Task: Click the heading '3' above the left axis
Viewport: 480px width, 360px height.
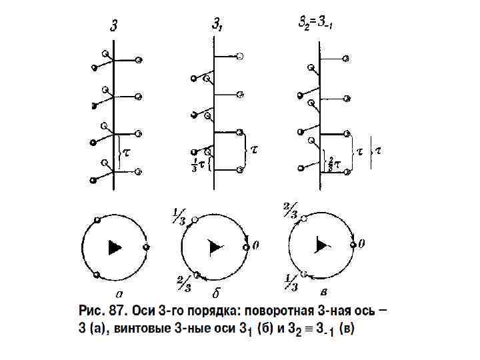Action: coord(115,27)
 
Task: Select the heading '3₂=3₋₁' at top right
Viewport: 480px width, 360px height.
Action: coord(315,23)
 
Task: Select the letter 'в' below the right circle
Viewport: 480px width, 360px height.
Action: coord(323,291)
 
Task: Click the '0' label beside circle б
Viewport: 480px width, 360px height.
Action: coord(256,246)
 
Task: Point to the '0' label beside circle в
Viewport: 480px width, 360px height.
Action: coord(361,245)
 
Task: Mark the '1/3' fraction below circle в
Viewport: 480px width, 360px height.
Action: coord(289,281)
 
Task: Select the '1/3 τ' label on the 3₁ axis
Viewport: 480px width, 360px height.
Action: coord(199,163)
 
